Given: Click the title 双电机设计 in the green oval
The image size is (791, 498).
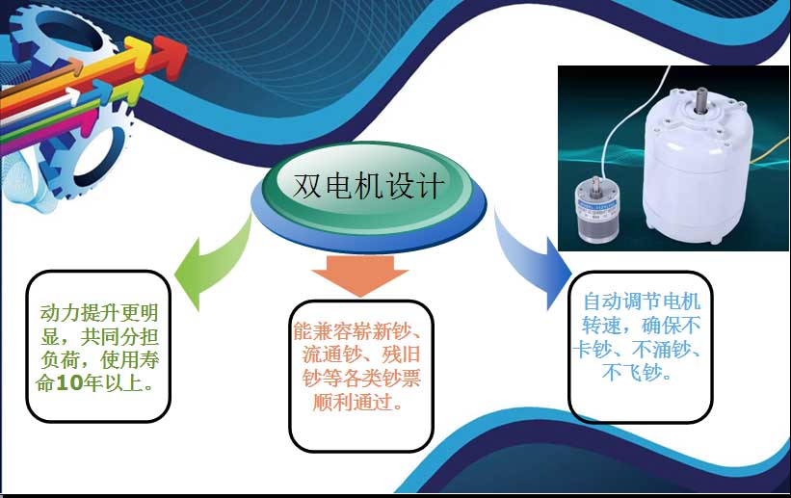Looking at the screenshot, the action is (368, 185).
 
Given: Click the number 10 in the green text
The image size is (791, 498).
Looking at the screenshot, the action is (69, 383).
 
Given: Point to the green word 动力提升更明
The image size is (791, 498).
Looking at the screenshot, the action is (99, 313).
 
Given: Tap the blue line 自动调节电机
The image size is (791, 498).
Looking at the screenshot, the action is (642, 301).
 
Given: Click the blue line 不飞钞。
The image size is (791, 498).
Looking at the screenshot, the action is (637, 373).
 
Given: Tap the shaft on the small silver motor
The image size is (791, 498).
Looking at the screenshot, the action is (596, 183).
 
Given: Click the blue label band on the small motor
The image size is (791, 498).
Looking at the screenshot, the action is (597, 204).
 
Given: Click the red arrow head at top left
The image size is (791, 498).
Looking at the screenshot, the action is (169, 56).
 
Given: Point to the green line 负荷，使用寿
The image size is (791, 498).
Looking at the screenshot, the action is (100, 359).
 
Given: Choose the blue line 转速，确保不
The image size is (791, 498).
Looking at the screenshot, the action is (642, 326).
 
